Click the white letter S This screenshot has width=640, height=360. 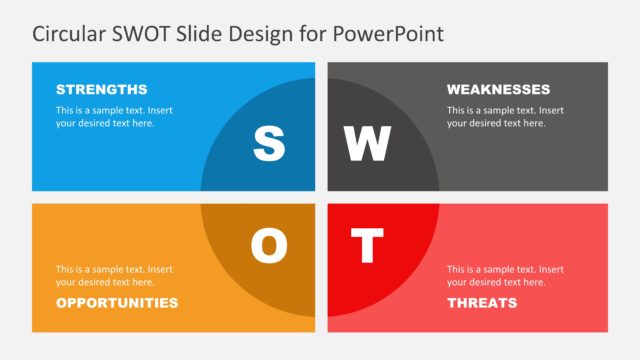pos(268,143)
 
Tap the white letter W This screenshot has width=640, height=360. pos(367,143)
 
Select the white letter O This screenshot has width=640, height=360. pos(268,246)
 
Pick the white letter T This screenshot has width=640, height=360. pos(367,246)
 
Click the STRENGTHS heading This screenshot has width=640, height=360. pos(101,89)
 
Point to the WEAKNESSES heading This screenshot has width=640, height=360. pos(498,89)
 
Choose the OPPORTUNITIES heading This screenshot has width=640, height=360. pos(117,302)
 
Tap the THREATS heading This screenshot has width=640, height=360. pos(482,302)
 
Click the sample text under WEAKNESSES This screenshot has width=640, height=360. pos(505,116)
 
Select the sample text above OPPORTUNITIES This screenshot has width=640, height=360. pos(114,275)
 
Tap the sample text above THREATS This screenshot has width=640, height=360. pos(505,275)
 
